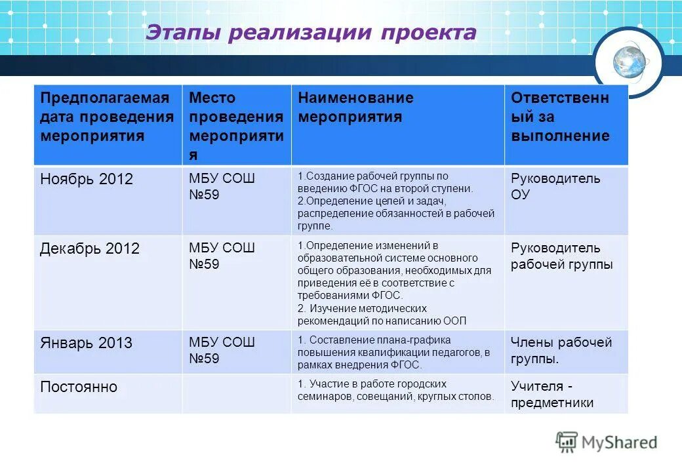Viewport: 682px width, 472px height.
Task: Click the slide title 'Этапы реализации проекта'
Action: tap(310, 33)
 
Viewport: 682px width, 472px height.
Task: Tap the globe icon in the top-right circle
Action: tap(629, 62)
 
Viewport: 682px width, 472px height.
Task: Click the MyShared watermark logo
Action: tap(607, 442)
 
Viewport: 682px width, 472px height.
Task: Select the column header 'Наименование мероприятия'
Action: tap(356, 108)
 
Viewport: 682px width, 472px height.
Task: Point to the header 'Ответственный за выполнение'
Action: tap(560, 117)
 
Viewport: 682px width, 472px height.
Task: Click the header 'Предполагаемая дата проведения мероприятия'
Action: tap(107, 117)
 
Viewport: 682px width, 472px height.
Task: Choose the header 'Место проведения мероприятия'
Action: tap(236, 126)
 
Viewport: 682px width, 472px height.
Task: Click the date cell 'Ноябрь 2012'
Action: tap(87, 179)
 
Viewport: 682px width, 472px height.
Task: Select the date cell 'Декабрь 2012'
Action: tap(90, 249)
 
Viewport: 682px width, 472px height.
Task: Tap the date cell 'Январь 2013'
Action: tap(86, 343)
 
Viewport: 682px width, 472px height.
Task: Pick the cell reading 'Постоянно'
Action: tap(79, 387)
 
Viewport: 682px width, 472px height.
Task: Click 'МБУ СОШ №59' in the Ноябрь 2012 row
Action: tap(222, 187)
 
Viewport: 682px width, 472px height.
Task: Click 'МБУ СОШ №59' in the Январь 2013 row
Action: tap(222, 350)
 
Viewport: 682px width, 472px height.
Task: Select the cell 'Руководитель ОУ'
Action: tap(555, 187)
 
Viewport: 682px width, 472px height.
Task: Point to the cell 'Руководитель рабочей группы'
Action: tap(561, 256)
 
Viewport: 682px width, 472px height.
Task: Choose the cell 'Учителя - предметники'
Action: tap(552, 394)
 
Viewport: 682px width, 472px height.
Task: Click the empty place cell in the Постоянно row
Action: tap(236, 394)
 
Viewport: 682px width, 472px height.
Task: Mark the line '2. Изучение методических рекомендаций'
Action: tap(362, 308)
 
